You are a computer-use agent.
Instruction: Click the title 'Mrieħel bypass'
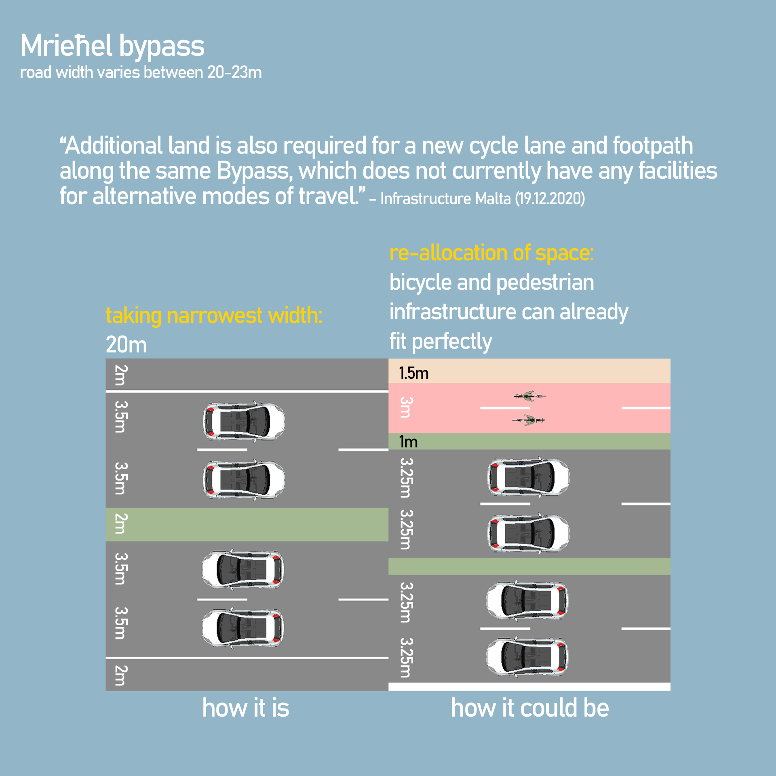pyautogui.click(x=112, y=46)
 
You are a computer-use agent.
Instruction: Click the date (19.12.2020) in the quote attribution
pyautogui.click(x=550, y=199)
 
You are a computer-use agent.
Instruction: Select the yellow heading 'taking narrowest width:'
pyautogui.click(x=214, y=316)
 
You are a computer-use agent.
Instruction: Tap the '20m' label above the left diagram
pyautogui.click(x=126, y=345)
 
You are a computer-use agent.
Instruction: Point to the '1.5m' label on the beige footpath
pyautogui.click(x=413, y=373)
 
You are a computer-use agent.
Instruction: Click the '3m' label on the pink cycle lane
pyautogui.click(x=405, y=407)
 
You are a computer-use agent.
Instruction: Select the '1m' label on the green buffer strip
pyautogui.click(x=408, y=442)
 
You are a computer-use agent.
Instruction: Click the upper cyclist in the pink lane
pyautogui.click(x=529, y=396)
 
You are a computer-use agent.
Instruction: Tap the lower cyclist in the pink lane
pyautogui.click(x=529, y=421)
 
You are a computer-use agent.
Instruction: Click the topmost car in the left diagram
pyautogui.click(x=244, y=421)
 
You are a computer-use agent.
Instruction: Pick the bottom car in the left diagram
pyautogui.click(x=243, y=628)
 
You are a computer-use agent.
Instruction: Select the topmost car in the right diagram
pyautogui.click(x=528, y=477)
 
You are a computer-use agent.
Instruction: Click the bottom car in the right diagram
pyautogui.click(x=527, y=657)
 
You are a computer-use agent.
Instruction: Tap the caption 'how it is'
pyautogui.click(x=246, y=708)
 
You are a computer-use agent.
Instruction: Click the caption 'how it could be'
pyautogui.click(x=529, y=708)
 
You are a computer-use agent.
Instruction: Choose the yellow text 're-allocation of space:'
pyautogui.click(x=491, y=253)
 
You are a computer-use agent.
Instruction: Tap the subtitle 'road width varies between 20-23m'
pyautogui.click(x=141, y=73)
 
